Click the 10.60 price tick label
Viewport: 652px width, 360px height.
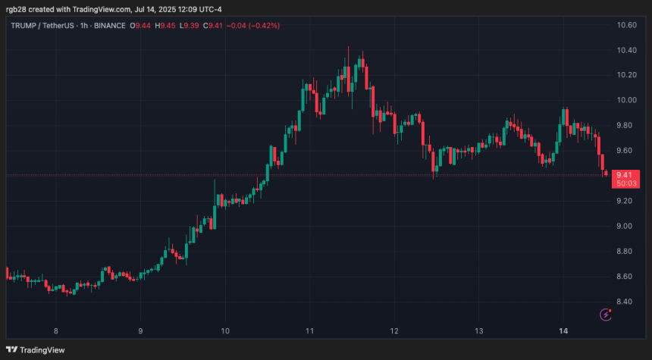point(626,25)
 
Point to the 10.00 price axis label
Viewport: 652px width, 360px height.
point(626,100)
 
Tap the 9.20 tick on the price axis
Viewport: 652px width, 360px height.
point(626,201)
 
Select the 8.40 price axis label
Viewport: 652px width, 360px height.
point(626,302)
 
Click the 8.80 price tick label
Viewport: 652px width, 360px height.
point(626,252)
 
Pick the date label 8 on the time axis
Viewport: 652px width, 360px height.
point(56,331)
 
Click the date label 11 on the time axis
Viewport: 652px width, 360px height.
point(310,331)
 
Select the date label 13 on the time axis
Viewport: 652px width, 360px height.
point(479,331)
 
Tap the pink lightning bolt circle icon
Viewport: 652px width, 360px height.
point(605,315)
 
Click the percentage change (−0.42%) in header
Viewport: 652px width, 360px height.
point(263,26)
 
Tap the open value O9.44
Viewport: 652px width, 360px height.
point(139,26)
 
